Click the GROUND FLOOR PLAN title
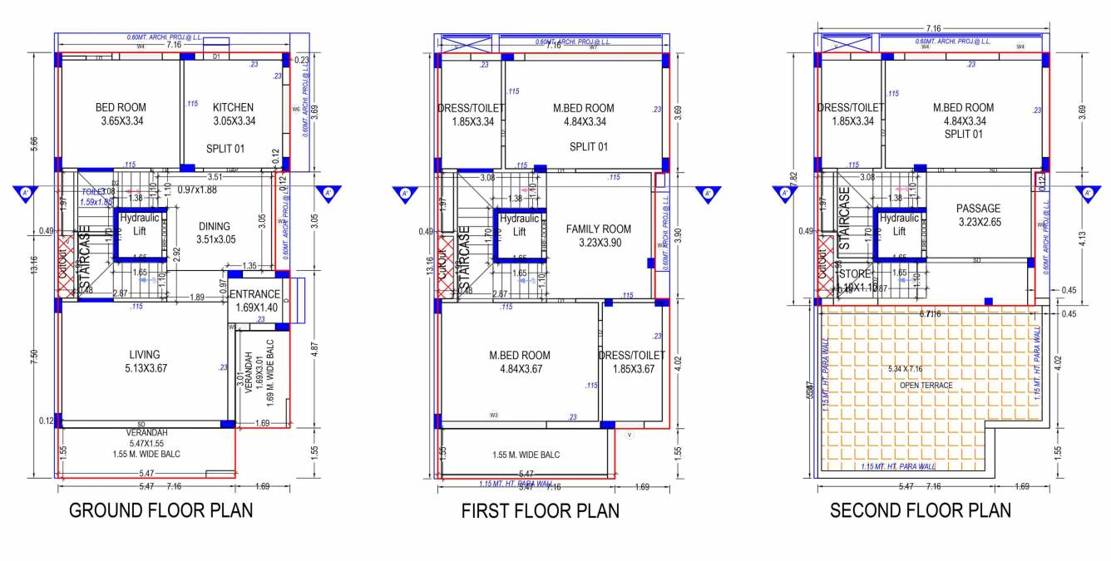click(x=160, y=509)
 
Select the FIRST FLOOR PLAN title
click(x=540, y=510)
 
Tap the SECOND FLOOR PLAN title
click(x=920, y=509)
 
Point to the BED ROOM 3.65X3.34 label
click(x=121, y=114)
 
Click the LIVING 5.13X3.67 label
click(x=144, y=362)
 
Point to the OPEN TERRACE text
click(x=925, y=386)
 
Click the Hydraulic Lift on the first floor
click(x=520, y=225)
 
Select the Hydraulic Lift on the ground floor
click(x=140, y=224)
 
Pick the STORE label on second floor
click(x=853, y=274)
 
